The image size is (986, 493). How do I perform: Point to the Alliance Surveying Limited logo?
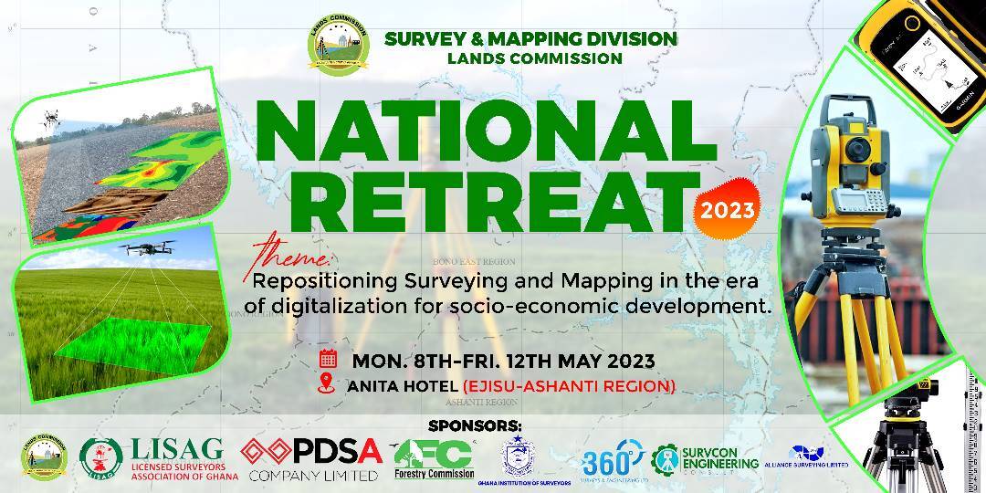point(806,457)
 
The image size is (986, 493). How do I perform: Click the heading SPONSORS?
point(474,425)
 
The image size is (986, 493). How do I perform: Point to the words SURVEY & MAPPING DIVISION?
point(530,39)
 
